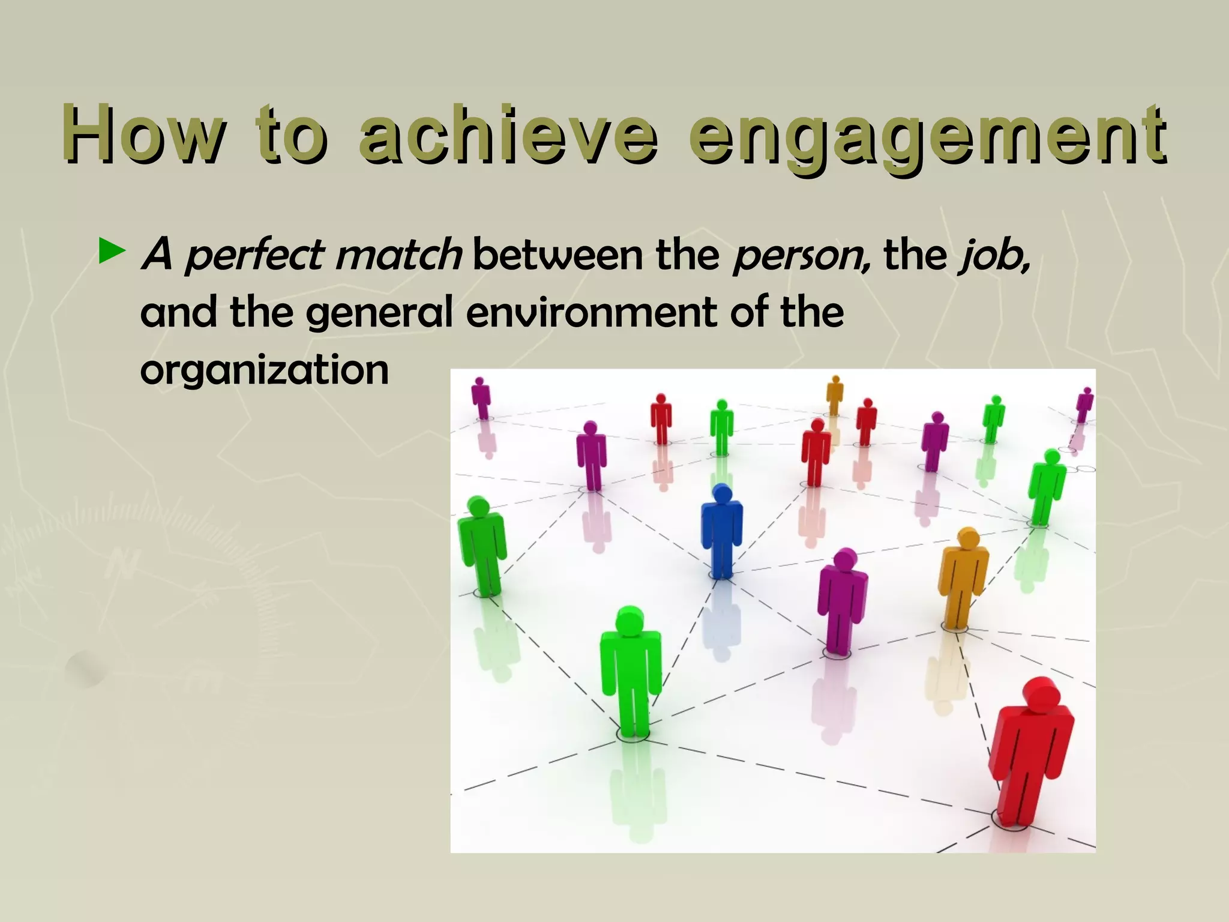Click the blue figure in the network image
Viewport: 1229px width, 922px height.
coord(722,531)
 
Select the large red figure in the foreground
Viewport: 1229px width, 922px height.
coord(1030,756)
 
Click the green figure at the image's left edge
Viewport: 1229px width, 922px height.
coord(482,546)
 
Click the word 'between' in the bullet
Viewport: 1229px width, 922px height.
coord(558,255)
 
